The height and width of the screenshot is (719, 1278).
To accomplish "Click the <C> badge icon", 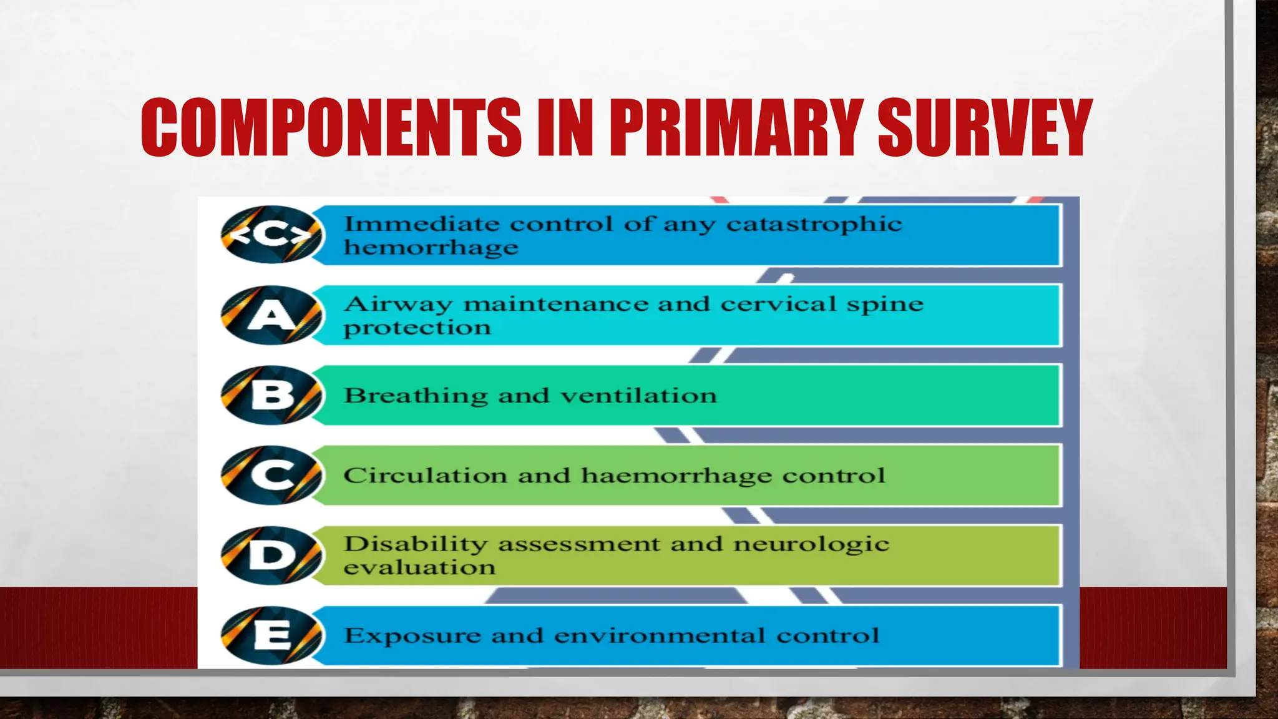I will click(x=272, y=235).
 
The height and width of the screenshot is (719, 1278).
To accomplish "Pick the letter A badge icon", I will click(x=272, y=315).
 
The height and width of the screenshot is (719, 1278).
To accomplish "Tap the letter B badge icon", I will click(x=272, y=395).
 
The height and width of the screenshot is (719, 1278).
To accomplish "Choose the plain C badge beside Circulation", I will click(x=272, y=475).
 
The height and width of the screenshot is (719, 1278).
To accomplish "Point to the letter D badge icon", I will click(x=272, y=555).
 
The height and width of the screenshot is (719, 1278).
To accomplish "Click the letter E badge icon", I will click(x=272, y=635).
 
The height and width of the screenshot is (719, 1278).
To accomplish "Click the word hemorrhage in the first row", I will click(x=431, y=248).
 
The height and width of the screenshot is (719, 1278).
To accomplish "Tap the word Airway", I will click(x=398, y=304).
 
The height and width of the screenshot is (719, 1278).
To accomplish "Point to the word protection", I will click(x=417, y=328).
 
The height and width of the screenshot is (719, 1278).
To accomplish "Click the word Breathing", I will click(x=416, y=396).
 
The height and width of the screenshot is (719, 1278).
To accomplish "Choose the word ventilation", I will click(x=638, y=396).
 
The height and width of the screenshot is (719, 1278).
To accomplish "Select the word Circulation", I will click(x=425, y=476).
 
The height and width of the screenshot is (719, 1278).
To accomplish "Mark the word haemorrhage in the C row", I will click(x=676, y=476).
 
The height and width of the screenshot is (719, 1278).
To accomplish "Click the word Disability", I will click(x=415, y=544).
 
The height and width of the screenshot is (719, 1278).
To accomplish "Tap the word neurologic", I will click(x=811, y=544).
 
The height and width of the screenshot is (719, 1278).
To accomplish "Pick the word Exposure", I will click(x=412, y=636).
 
